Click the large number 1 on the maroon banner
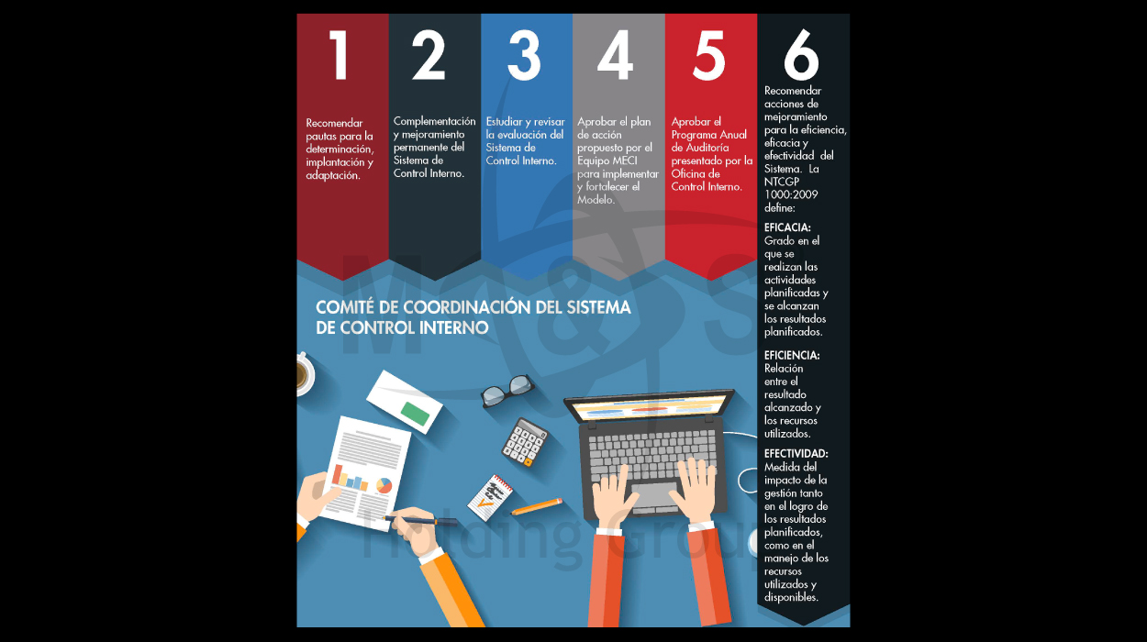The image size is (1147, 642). (x=339, y=55)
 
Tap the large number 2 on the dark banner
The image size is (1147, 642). (x=429, y=55)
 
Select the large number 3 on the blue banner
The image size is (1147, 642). (x=524, y=55)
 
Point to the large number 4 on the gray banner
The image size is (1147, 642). (x=616, y=55)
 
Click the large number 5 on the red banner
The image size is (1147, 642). (x=709, y=55)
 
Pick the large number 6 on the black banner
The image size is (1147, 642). (x=801, y=55)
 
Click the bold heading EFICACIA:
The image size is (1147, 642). (x=787, y=227)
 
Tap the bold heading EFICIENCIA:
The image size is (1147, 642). (x=792, y=355)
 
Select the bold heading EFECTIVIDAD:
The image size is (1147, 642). (x=796, y=454)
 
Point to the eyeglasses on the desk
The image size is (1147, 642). (x=507, y=391)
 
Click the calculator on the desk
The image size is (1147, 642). (x=524, y=442)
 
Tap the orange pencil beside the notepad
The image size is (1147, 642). (x=537, y=506)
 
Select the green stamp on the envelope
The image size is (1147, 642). (x=416, y=414)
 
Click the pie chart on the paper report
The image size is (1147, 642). (x=384, y=485)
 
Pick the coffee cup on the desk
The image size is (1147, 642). (x=305, y=375)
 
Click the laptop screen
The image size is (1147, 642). (x=649, y=407)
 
